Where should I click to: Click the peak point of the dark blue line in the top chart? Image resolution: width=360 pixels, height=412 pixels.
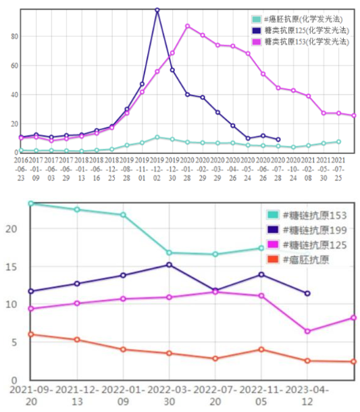pos(157,10)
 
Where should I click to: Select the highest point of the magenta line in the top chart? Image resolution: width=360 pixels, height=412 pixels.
pos(188,26)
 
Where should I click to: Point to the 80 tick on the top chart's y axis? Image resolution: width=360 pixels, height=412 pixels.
pos(14,36)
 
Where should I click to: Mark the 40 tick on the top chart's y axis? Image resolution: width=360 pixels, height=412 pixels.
pos(14,95)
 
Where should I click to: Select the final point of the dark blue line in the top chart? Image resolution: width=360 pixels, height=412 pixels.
pos(278,140)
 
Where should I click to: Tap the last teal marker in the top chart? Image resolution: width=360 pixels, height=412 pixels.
pos(338,142)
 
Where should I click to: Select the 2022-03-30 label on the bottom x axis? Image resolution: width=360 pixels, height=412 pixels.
pos(169,396)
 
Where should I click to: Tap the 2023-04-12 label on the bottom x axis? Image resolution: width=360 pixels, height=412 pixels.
pos(307,396)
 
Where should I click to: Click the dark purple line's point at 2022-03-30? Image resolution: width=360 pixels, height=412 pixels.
pos(169,265)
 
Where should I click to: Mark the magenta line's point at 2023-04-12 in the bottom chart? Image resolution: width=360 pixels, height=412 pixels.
pos(307,331)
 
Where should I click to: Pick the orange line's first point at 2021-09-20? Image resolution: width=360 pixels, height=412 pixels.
pos(30,334)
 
